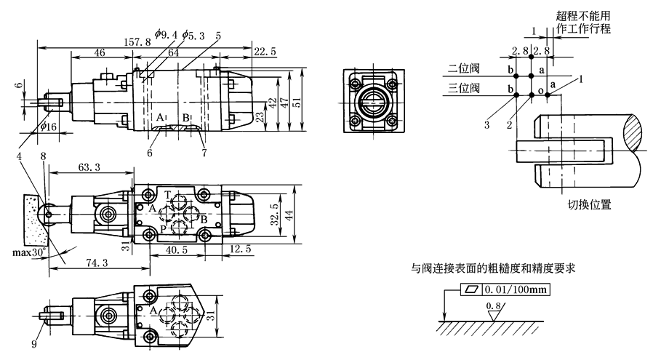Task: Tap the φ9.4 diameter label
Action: [166, 33]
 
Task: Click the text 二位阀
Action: [462, 69]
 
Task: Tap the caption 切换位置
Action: [589, 204]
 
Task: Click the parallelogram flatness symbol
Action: [473, 290]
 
